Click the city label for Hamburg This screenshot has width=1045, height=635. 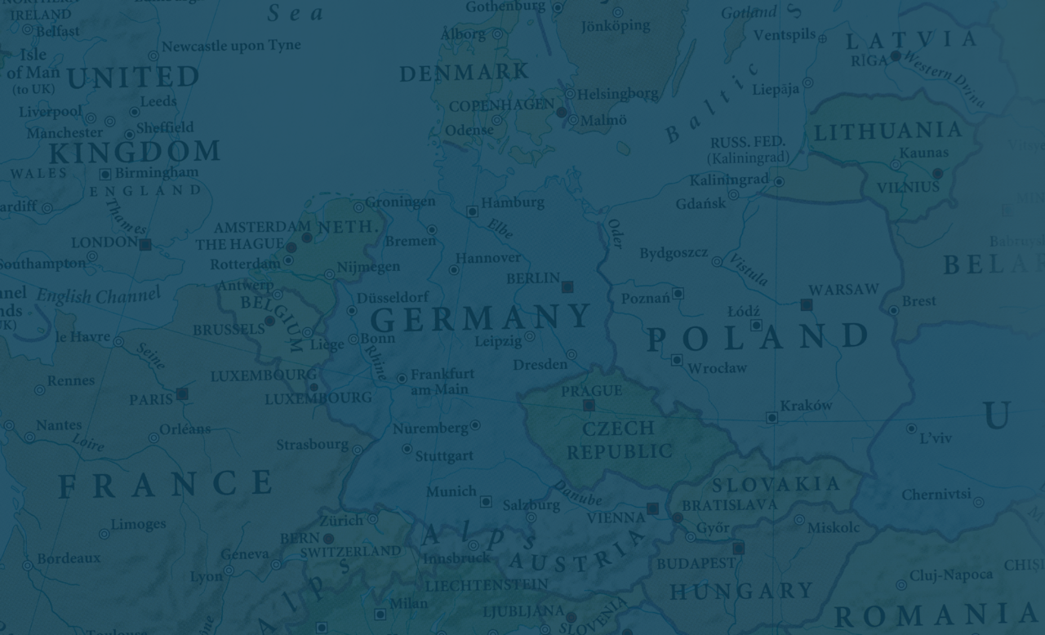[x=512, y=202]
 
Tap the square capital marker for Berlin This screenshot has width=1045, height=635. [x=567, y=286]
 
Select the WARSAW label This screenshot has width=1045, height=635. [x=843, y=290]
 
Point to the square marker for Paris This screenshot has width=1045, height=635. [x=182, y=393]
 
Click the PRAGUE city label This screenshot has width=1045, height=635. [x=591, y=391]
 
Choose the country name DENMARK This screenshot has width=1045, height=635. [x=464, y=73]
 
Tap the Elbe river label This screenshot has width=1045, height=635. [x=500, y=229]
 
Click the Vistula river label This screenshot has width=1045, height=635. [x=749, y=269]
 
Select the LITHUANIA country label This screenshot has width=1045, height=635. [x=888, y=131]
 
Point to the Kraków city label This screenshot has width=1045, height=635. [x=806, y=406]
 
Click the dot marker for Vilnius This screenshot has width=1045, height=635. [x=937, y=173]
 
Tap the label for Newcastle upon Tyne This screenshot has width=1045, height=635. [x=231, y=46]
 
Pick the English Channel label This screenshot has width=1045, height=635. [x=98, y=295]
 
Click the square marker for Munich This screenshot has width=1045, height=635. [x=486, y=501]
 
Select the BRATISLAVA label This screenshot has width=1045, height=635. [x=730, y=505]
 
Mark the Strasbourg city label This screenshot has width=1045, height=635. [x=312, y=445]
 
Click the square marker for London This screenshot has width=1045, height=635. [x=145, y=244]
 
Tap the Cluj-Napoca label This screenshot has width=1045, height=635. [x=951, y=575]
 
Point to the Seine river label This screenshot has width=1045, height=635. [x=150, y=355]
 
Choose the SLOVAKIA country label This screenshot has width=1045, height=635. [x=776, y=484]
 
